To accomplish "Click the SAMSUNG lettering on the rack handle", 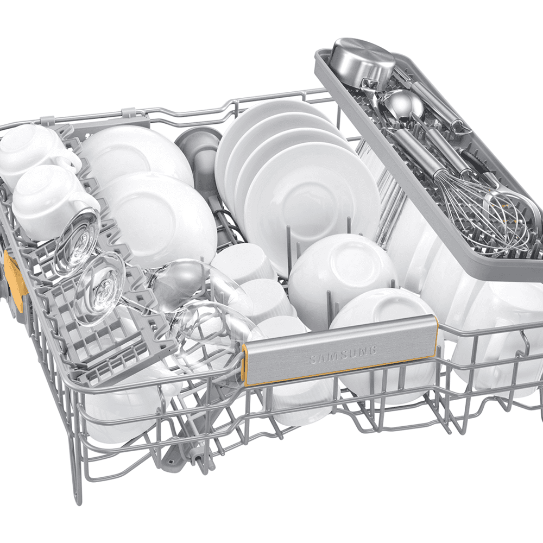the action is click(x=342, y=355).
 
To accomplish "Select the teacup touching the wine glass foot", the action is click(x=52, y=201).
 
